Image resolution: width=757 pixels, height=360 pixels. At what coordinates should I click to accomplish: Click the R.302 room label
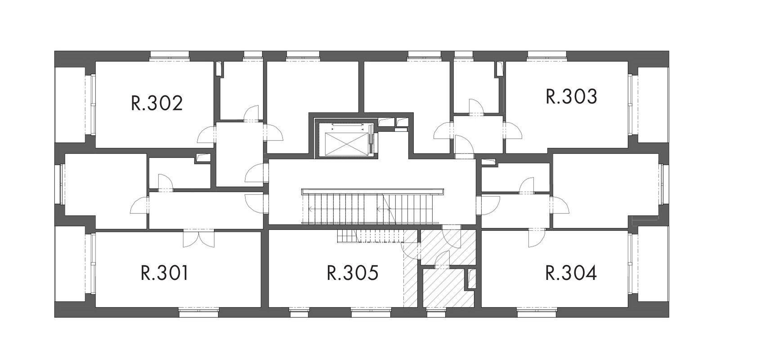click(x=157, y=103)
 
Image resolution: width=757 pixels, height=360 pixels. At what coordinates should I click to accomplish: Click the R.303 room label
click(x=572, y=96)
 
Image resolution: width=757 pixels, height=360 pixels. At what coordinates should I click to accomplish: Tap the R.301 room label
click(x=164, y=273)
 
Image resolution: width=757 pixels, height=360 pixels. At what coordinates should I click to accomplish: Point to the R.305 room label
click(x=353, y=273)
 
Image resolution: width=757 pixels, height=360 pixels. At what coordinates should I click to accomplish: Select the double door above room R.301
click(x=199, y=238)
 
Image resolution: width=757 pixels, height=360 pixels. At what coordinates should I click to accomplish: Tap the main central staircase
click(x=372, y=207)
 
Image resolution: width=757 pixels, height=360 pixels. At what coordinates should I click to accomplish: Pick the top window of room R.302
click(x=169, y=56)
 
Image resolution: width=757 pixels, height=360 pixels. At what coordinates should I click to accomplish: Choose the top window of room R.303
click(x=547, y=56)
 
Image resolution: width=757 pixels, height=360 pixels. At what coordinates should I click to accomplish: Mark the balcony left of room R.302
click(x=70, y=105)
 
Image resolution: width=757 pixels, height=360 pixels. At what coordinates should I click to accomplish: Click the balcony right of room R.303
click(x=653, y=105)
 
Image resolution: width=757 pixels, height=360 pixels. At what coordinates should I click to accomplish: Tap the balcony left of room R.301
click(x=70, y=264)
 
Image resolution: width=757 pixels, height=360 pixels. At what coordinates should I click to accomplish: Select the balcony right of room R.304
click(x=653, y=264)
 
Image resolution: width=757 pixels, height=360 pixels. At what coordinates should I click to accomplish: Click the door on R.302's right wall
click(x=206, y=135)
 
